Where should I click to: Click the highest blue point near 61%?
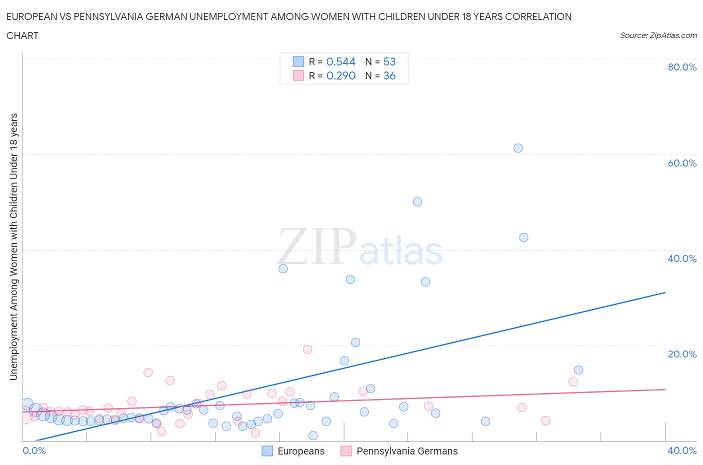(518, 148)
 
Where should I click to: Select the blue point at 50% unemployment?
(417, 202)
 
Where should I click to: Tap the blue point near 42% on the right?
(523, 237)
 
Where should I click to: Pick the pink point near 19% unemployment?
(307, 349)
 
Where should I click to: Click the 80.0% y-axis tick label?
(682, 67)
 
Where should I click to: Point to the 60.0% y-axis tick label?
(682, 163)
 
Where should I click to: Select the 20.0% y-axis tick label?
(682, 354)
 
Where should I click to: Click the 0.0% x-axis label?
(34, 450)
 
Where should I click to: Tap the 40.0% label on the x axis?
(682, 450)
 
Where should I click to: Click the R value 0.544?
(340, 61)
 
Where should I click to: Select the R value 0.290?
(340, 75)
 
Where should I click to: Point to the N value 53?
(389, 61)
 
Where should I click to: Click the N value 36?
(389, 75)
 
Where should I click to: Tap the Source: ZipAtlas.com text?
(658, 35)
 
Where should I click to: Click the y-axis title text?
(13, 246)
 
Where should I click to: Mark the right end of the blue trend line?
(665, 292)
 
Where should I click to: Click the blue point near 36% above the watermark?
(283, 268)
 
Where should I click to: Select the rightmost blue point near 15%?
(578, 370)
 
